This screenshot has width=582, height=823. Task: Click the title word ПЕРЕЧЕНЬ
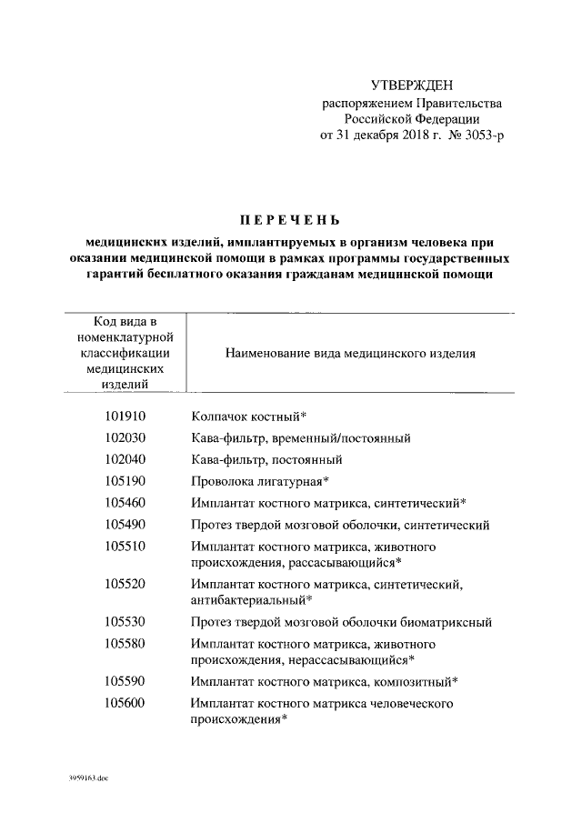click(288, 219)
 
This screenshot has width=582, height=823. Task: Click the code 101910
click(125, 417)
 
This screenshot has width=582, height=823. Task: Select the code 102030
click(125, 438)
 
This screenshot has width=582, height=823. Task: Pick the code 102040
click(125, 459)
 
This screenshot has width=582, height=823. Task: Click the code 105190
click(125, 480)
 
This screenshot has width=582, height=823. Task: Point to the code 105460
click(125, 502)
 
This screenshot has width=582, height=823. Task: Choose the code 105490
click(125, 524)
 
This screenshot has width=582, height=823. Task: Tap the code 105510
click(125, 546)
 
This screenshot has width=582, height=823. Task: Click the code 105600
click(125, 703)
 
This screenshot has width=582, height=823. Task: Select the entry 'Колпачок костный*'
click(247, 417)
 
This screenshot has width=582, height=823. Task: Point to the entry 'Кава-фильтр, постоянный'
click(266, 459)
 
